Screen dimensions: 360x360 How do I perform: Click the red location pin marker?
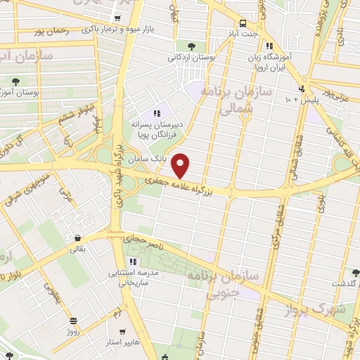coord(181,165)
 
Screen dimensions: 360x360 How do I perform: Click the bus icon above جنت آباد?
coord(243,22)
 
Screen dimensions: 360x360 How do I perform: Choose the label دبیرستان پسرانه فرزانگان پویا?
coord(158,128)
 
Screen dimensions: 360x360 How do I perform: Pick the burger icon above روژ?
coord(73,320)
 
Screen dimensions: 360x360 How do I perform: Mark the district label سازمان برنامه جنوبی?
coord(223,285)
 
